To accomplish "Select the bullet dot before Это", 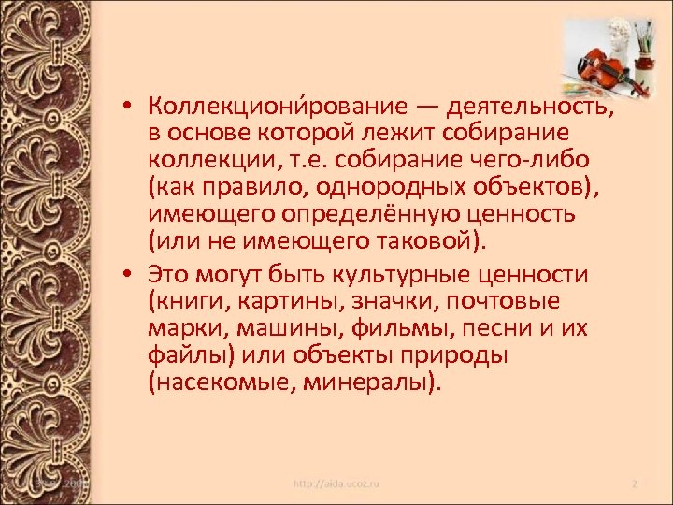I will point(136,274).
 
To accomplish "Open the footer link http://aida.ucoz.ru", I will point(337,484).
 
